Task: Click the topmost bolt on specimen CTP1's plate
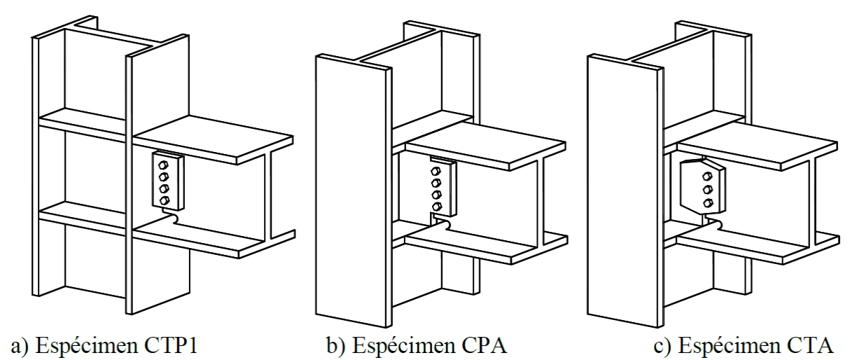tap(163, 165)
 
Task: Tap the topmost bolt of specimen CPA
tap(436, 172)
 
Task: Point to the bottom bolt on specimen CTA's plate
tap(708, 203)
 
